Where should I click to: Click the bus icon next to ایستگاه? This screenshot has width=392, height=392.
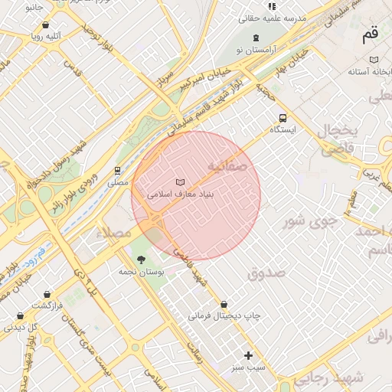(x=283, y=118)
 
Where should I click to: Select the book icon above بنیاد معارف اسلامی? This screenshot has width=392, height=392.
(x=180, y=182)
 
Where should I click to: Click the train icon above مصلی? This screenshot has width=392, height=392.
(x=117, y=171)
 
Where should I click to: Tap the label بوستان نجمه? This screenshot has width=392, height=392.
(x=139, y=272)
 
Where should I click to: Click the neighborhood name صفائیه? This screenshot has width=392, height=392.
(x=227, y=165)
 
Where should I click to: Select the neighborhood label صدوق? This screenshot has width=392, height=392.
(x=266, y=273)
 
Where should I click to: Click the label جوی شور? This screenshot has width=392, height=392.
(x=310, y=222)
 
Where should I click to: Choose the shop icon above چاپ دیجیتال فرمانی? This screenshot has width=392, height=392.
(x=224, y=304)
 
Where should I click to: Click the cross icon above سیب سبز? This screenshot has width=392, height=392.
(x=248, y=355)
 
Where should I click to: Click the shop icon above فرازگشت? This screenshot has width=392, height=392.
(x=47, y=294)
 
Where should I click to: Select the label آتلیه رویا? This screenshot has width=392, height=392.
(x=47, y=35)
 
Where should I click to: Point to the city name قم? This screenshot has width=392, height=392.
(x=370, y=34)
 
